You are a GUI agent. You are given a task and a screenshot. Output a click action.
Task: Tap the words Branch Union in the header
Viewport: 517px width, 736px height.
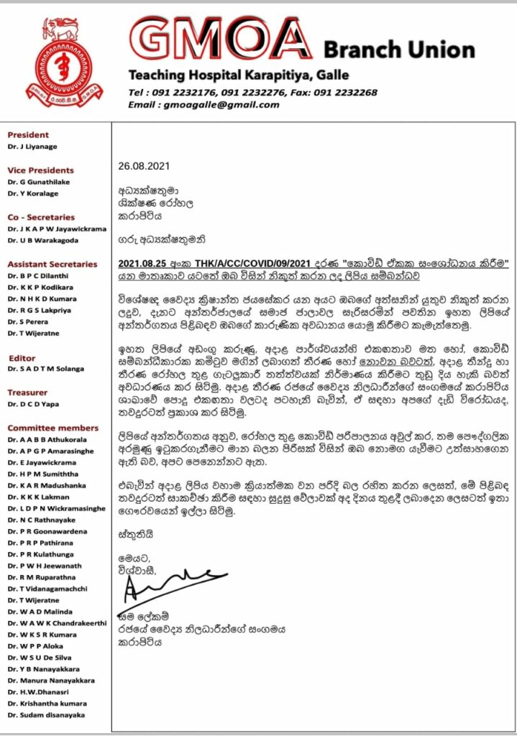[398, 50]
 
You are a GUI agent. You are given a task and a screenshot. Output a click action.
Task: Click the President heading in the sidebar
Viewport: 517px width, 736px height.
[28, 134]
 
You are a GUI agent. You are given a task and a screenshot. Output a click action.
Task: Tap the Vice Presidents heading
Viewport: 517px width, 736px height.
[40, 170]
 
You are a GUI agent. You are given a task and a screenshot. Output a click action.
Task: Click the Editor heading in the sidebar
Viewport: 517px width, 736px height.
[22, 358]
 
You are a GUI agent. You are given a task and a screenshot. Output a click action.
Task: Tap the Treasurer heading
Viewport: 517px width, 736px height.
[27, 392]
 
